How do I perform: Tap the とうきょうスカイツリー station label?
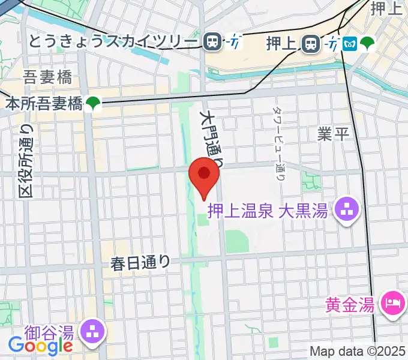coord(113,42)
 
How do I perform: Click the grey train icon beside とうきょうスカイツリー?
coord(211,42)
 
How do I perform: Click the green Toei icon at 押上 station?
coord(367,43)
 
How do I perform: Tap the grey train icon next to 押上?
coord(310,43)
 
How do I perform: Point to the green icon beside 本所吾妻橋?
coord(92,104)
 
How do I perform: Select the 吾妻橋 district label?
coord(47,77)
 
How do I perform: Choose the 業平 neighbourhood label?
coord(333,134)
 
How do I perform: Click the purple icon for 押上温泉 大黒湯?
coord(346,211)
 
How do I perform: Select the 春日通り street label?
coord(141,262)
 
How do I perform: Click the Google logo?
coord(40,345)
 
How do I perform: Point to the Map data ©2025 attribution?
coord(356,351)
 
